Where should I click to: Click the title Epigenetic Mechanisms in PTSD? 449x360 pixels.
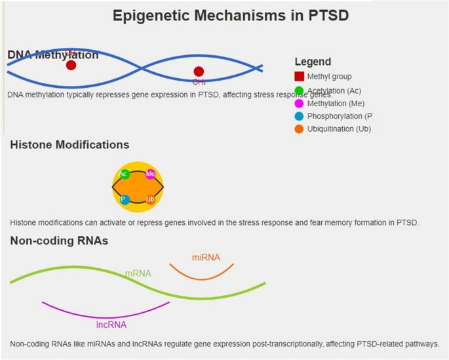pos(231,15)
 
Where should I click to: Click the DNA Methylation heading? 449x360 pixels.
pos(52,55)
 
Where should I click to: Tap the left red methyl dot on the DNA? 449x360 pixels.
pos(71,65)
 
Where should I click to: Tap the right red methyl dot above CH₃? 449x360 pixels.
pos(199,71)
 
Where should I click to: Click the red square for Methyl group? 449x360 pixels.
pos(300,77)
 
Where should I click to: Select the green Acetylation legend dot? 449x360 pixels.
pos(300,90)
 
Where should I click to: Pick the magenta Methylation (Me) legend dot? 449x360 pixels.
pos(300,104)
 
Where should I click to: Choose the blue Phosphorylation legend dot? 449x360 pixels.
pos(300,116)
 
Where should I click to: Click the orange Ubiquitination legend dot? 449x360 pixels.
pos(300,129)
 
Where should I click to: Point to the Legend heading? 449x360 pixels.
pos(313,62)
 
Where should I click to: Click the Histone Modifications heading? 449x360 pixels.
pos(69,145)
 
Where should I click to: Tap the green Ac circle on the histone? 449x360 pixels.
pos(124,174)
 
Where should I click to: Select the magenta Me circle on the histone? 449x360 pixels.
pos(151,174)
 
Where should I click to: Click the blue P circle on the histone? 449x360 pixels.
pos(124,199)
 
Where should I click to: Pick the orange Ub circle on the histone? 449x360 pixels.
pos(151,199)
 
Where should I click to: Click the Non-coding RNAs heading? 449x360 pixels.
pos(59,241)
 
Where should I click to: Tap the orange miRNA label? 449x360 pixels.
pos(206,257)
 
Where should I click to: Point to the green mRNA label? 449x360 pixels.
pos(138,273)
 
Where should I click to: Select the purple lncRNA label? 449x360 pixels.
pos(111,324)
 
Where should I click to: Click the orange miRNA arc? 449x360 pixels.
pos(201,278)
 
